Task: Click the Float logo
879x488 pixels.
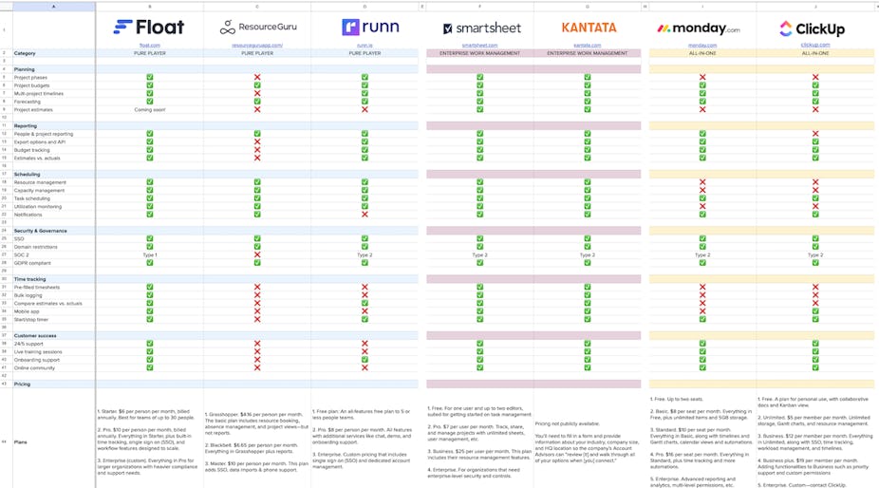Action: [x=149, y=27]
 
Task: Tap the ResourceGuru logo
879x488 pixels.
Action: [x=257, y=28]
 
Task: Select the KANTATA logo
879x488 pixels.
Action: [x=589, y=28]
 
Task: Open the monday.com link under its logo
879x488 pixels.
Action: [x=701, y=45]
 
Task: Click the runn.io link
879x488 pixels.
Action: [x=365, y=45]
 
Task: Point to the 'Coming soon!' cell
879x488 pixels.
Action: [x=149, y=110]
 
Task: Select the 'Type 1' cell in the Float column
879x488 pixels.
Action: [x=149, y=254]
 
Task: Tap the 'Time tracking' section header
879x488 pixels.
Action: [x=32, y=278]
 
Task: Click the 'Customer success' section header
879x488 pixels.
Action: [x=37, y=335]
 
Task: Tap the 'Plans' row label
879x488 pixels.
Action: [x=21, y=442]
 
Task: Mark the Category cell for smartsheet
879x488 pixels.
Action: [x=479, y=53]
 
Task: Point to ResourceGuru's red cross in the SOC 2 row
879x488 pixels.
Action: [x=257, y=254]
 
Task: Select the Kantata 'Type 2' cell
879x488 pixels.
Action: [x=589, y=254]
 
